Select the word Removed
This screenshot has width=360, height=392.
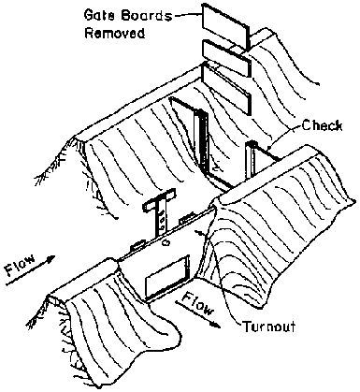(115, 33)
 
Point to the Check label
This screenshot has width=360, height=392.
(322, 125)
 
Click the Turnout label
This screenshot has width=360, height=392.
(268, 327)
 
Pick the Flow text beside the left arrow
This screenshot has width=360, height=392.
(21, 266)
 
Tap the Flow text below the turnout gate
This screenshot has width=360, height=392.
(198, 303)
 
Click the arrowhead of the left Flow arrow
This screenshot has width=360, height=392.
(50, 258)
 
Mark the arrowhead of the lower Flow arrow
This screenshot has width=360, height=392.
(216, 325)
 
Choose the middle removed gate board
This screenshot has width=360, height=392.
(226, 59)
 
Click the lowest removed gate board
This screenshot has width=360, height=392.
(226, 89)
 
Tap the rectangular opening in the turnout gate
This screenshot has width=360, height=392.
(166, 277)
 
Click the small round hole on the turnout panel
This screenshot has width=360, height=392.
(166, 242)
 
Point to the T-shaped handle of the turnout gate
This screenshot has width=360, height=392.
(160, 213)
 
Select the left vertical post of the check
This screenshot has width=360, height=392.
(202, 140)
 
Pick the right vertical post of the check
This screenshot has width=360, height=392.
(251, 161)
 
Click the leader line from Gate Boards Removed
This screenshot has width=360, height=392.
(188, 14)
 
